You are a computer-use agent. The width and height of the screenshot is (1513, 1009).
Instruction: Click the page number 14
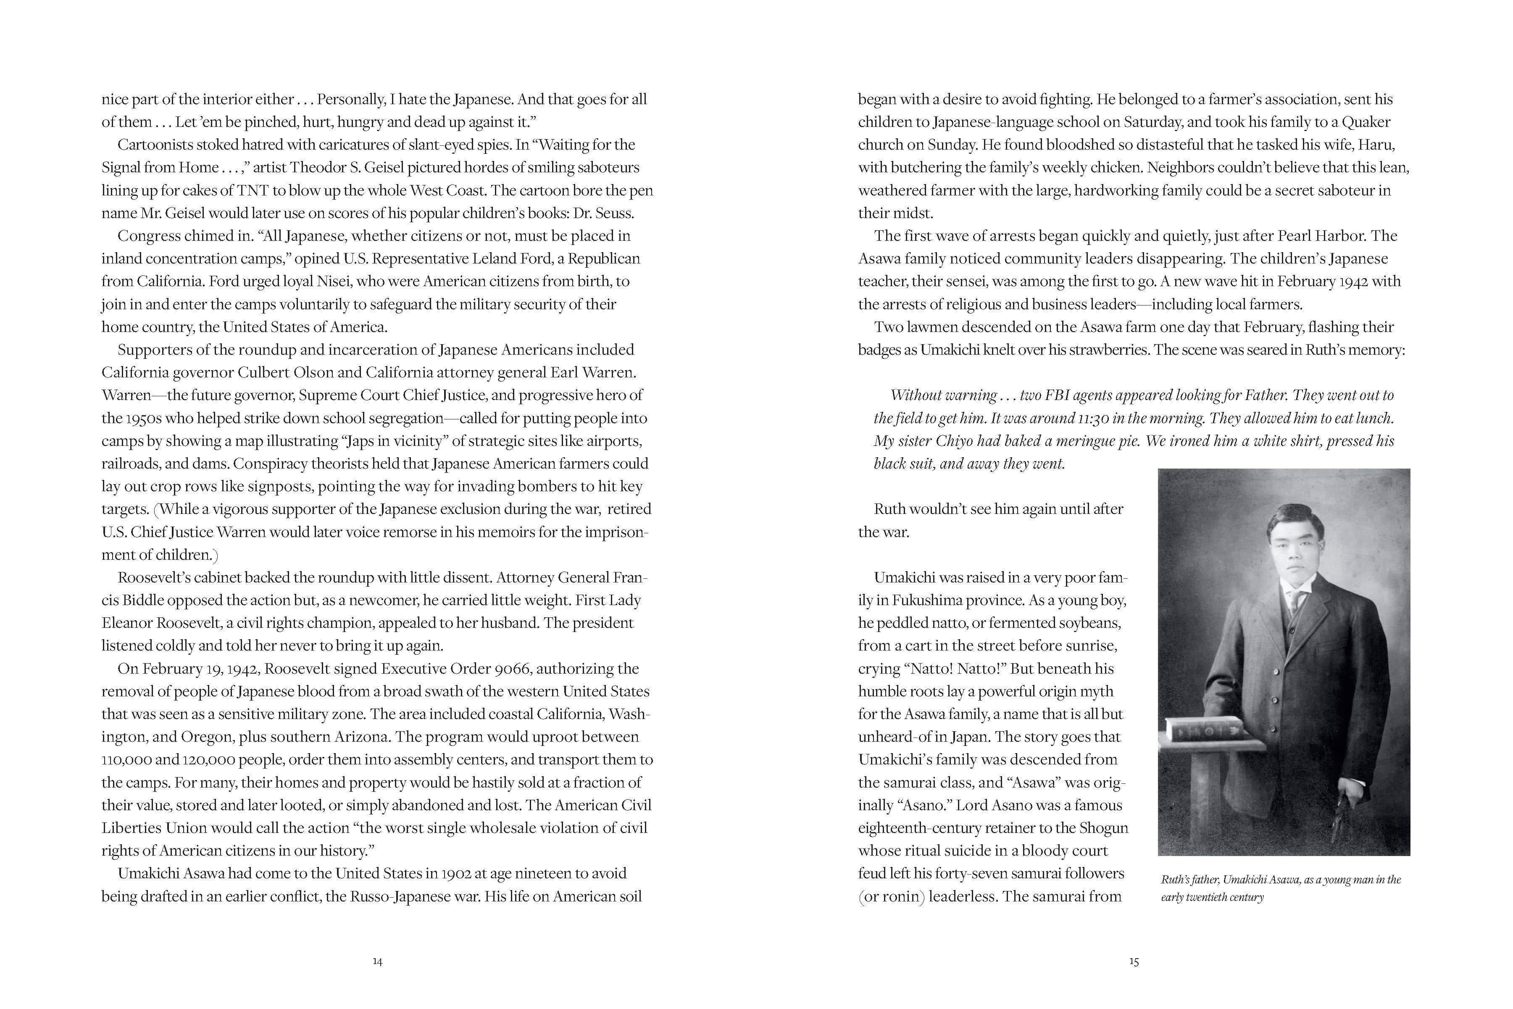(x=378, y=962)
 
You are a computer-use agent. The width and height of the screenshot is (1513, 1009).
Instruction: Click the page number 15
(x=1134, y=962)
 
